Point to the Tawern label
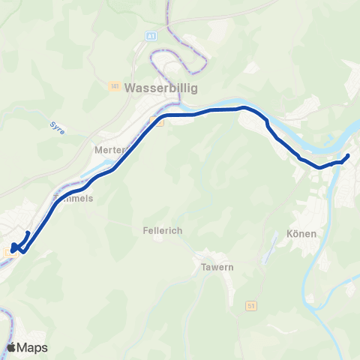tap(217, 267)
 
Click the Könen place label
tap(301, 234)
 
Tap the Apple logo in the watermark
tap(12, 347)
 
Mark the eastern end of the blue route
tap(348, 155)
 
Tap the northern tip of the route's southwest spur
tap(28, 233)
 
